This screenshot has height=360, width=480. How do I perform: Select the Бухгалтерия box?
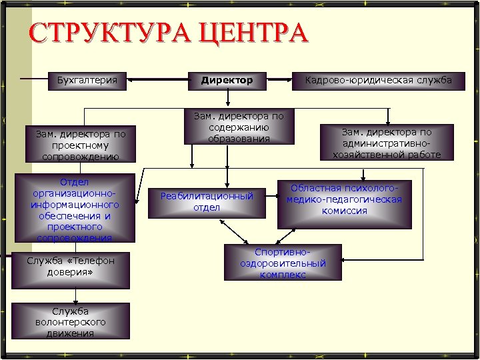coord(87,81)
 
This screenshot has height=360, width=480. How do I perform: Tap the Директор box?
coord(227,81)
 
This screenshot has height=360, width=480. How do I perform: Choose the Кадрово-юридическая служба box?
coord(378,81)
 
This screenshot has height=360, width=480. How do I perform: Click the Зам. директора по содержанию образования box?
coord(239,127)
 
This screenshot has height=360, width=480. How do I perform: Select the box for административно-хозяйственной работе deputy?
coord(387,143)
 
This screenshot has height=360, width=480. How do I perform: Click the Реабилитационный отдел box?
coord(207,201)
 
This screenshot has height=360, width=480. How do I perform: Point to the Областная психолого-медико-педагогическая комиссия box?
coord(344,199)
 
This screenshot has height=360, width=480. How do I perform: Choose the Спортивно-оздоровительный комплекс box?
coord(283,263)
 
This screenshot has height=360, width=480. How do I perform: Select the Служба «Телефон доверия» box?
coord(71,267)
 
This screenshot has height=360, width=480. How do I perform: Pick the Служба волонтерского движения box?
coord(71,322)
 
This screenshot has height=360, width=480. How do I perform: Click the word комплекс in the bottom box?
coord(283,274)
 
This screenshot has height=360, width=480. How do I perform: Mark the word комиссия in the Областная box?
coord(344,211)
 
